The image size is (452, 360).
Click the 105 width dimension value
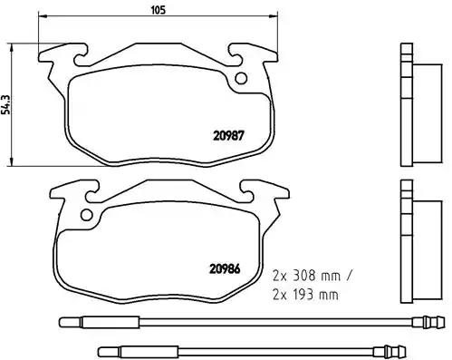159,10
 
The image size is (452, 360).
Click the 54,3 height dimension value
5,104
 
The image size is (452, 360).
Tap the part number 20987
228,136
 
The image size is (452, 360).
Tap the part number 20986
225,269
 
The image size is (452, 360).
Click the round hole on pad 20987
241,79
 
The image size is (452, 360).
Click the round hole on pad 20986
87,215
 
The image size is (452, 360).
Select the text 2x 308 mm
306,276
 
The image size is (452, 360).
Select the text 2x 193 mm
305,295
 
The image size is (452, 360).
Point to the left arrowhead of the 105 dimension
42,15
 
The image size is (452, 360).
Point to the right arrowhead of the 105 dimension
274,15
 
